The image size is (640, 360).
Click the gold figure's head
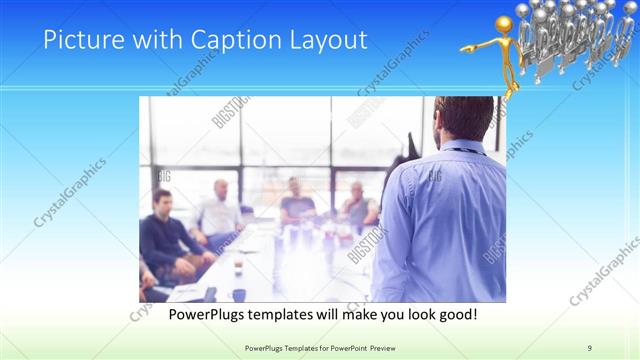(x=505, y=24)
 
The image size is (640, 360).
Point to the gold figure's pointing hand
(x=465, y=48)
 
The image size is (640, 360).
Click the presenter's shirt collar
(x=462, y=148)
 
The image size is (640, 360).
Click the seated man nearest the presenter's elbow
(x=358, y=206)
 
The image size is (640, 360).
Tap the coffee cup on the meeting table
(x=237, y=267)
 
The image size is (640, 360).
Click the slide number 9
(x=590, y=347)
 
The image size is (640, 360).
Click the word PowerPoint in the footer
(x=342, y=347)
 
